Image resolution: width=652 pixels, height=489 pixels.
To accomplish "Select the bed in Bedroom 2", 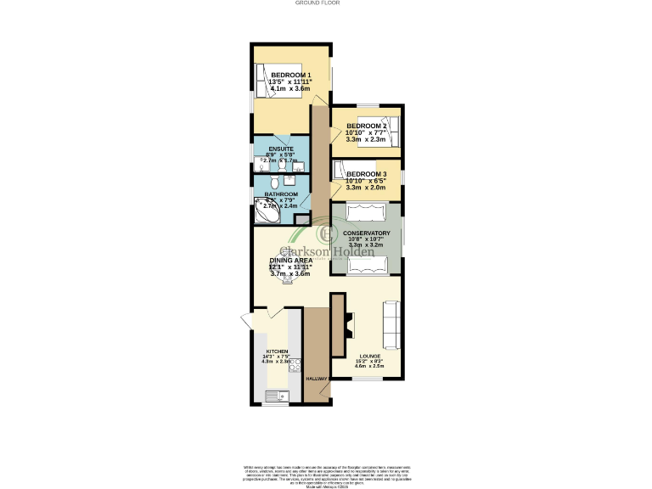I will pyautogui.click(x=381, y=129).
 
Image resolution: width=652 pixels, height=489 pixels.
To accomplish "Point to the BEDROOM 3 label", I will pyautogui.click(x=366, y=174).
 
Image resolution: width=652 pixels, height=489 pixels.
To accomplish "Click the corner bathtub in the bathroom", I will pyautogui.click(x=267, y=213).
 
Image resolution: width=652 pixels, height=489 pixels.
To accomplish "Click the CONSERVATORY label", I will pyautogui.click(x=366, y=233).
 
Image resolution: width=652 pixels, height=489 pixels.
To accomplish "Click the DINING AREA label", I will pyautogui.click(x=290, y=260).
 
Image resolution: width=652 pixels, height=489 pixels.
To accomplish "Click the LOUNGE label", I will pyautogui.click(x=368, y=356).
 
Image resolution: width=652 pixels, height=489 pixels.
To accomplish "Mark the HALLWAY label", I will pyautogui.click(x=317, y=379).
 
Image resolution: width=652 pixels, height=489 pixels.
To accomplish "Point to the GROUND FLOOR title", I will pyautogui.click(x=318, y=3).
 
